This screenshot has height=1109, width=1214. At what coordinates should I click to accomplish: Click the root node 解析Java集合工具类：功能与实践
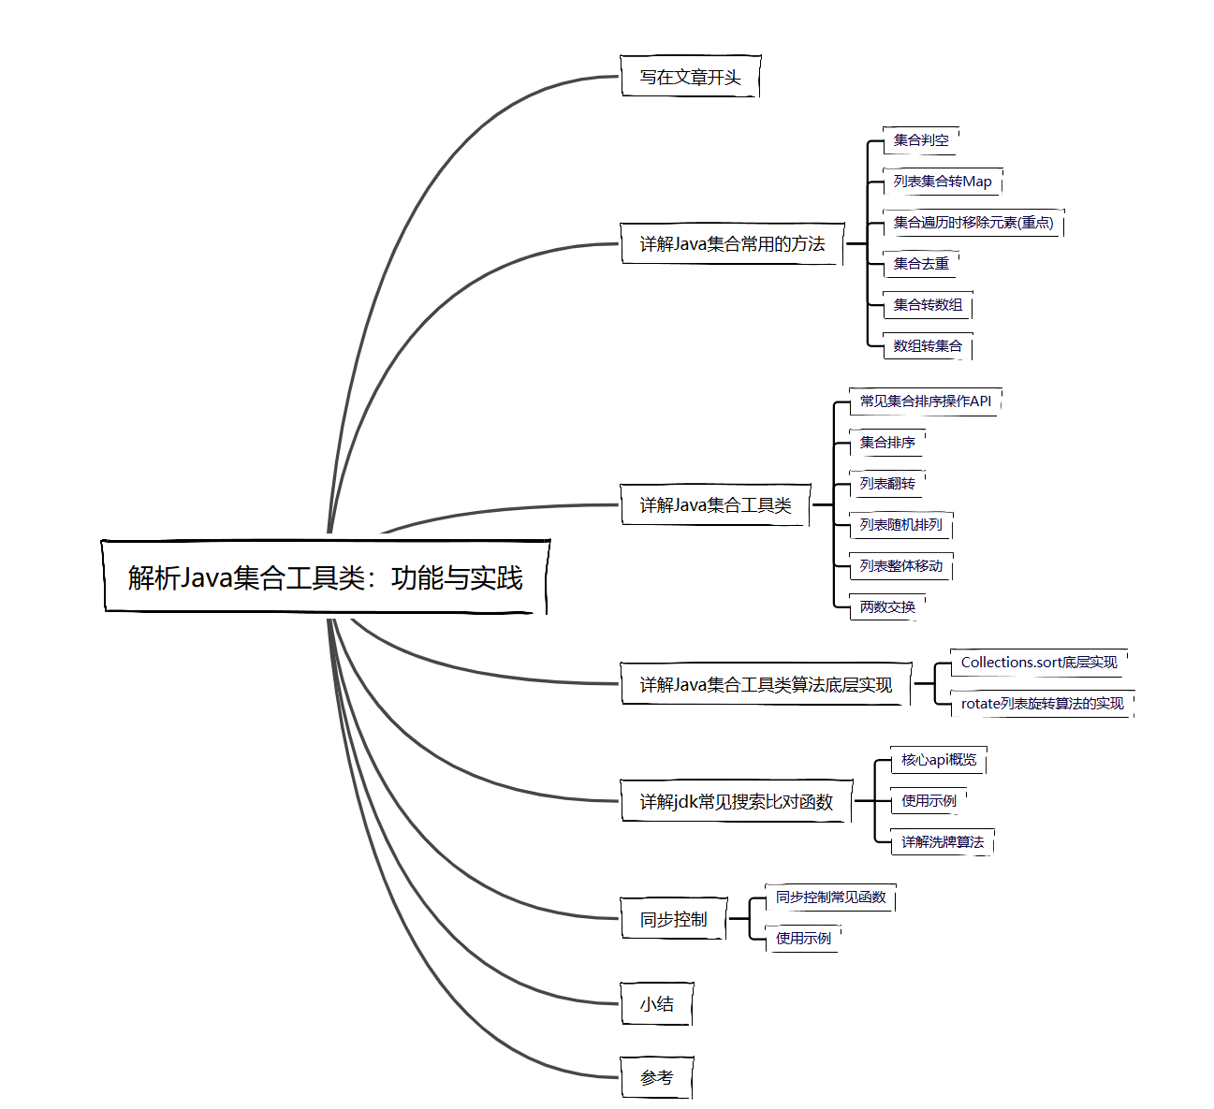[x=325, y=577]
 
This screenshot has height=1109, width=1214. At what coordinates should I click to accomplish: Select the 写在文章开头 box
[x=690, y=77]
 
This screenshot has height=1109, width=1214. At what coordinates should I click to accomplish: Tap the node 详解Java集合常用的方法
[x=732, y=243]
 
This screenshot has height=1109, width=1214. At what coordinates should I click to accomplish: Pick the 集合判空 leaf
[x=921, y=140]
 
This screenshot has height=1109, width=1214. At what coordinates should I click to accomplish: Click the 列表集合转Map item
[x=942, y=182]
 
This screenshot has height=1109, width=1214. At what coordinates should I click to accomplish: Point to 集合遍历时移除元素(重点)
[x=973, y=223]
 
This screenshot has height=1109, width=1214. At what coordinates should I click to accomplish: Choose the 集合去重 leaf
[x=921, y=264]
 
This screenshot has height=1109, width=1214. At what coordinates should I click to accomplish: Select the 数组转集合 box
[x=928, y=346]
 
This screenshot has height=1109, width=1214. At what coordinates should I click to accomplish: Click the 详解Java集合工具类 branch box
[x=715, y=505]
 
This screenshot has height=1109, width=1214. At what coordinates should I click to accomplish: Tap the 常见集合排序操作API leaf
[x=925, y=401]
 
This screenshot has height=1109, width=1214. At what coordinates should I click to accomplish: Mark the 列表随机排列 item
[x=900, y=525]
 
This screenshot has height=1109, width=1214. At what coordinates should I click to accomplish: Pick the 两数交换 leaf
[x=887, y=607]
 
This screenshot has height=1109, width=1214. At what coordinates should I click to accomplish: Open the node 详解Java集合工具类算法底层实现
[x=766, y=685]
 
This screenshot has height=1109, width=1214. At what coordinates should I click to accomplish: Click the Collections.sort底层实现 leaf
[x=1038, y=663]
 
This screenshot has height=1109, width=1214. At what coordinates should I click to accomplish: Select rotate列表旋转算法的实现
[x=1042, y=704]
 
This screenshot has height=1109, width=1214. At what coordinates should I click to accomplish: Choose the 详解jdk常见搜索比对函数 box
[x=736, y=802]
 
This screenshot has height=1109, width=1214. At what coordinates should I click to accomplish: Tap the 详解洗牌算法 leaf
[x=942, y=842]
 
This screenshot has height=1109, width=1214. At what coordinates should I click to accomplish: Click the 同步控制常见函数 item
[x=830, y=897]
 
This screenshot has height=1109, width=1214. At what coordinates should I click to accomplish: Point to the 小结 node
[x=656, y=1004]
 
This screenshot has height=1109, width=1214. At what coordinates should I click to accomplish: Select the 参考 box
[x=656, y=1078]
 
